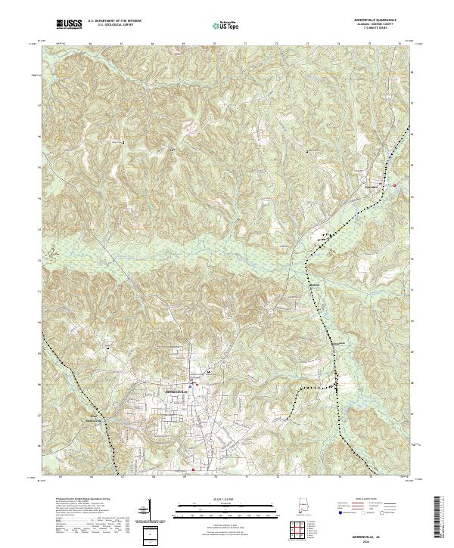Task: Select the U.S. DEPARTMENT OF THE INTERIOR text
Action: (113, 21)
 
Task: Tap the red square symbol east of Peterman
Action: (394, 184)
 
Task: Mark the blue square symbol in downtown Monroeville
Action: (196, 386)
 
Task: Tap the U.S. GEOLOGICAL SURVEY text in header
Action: (110, 26)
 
